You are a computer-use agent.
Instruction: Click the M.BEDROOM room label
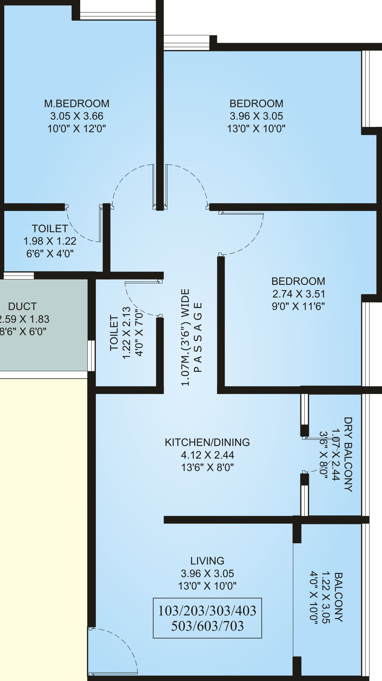pyautogui.click(x=77, y=104)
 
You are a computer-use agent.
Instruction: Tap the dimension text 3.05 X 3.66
pyautogui.click(x=77, y=116)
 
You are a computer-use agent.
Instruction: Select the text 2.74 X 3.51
pyautogui.click(x=298, y=294)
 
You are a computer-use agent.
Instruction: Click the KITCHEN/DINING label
pyautogui.click(x=207, y=442)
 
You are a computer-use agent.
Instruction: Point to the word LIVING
pyautogui.click(x=207, y=561)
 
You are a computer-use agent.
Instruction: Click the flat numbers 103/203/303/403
pyautogui.click(x=207, y=611)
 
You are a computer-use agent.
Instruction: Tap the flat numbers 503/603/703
pyautogui.click(x=207, y=626)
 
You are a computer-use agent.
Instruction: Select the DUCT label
pyautogui.click(x=22, y=306)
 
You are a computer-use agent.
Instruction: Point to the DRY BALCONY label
pyautogui.click(x=348, y=454)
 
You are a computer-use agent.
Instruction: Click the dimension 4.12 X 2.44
pyautogui.click(x=207, y=455)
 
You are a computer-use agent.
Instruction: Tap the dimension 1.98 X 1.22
pyautogui.click(x=50, y=241)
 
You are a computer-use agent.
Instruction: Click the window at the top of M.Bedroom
pyautogui.click(x=118, y=16)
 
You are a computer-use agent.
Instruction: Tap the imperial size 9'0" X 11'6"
pyautogui.click(x=298, y=306)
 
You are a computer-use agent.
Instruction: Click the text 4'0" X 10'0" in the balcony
pyautogui.click(x=314, y=597)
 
